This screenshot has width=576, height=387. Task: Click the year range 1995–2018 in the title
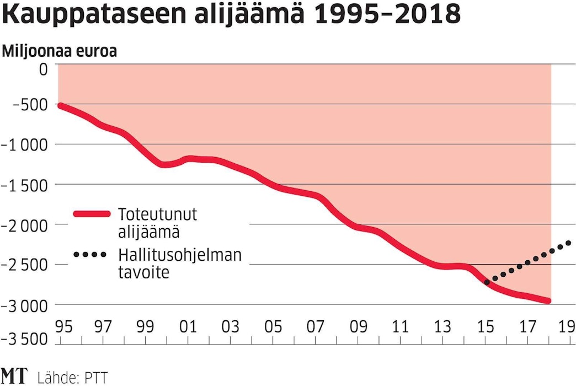386,15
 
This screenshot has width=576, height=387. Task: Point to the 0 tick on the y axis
43,69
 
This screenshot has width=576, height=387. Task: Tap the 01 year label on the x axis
188,326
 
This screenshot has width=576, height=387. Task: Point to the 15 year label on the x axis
486,326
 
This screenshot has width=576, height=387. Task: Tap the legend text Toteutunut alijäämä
157,223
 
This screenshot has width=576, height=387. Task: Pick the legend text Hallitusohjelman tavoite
179,263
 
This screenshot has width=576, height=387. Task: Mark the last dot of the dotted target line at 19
568,243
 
